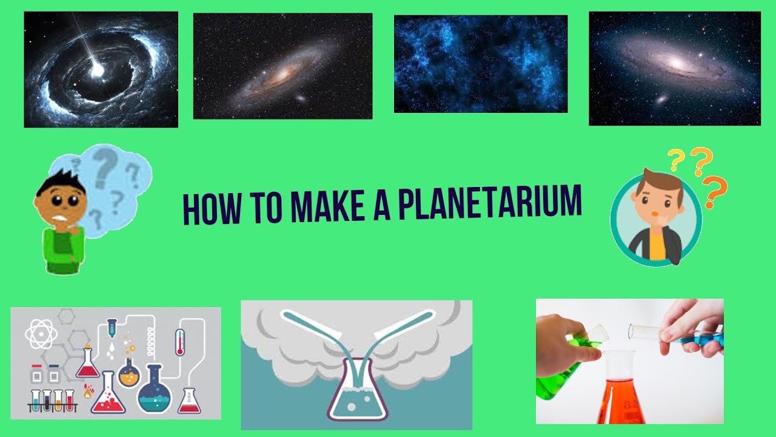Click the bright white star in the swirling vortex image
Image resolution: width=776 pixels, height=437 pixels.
click(97, 71)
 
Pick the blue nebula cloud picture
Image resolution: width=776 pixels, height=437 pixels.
click(480, 64)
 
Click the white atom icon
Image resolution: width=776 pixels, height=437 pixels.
click(40, 334)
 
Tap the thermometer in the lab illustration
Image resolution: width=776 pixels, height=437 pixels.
click(180, 342)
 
